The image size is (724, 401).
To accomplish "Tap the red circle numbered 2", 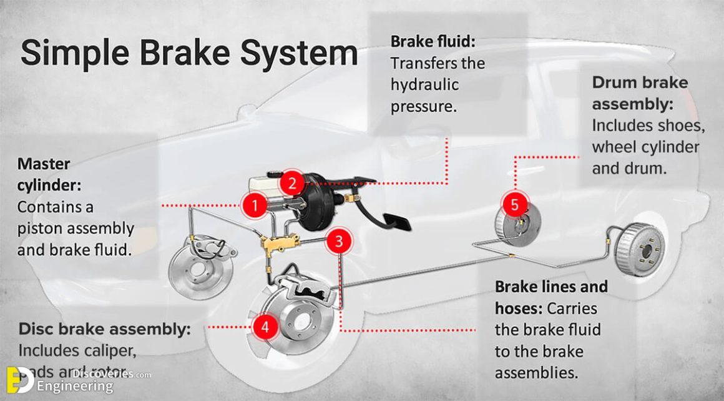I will coord(291,184).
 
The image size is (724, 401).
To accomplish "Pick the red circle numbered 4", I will coord(265,326).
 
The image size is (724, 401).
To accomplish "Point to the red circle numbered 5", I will coord(515,204).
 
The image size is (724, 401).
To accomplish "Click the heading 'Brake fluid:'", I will coord(433,41).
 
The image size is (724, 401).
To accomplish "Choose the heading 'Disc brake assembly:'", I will coord(104,329).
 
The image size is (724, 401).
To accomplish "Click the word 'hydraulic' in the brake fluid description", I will coord(424,85).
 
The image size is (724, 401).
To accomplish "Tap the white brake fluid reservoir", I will coord(265,184).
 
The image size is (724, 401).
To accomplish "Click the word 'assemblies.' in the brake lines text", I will coord(535,373).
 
